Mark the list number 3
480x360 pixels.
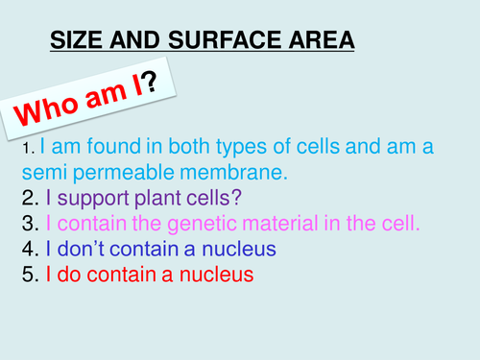tap(28, 225)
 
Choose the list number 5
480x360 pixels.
tap(28, 275)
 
